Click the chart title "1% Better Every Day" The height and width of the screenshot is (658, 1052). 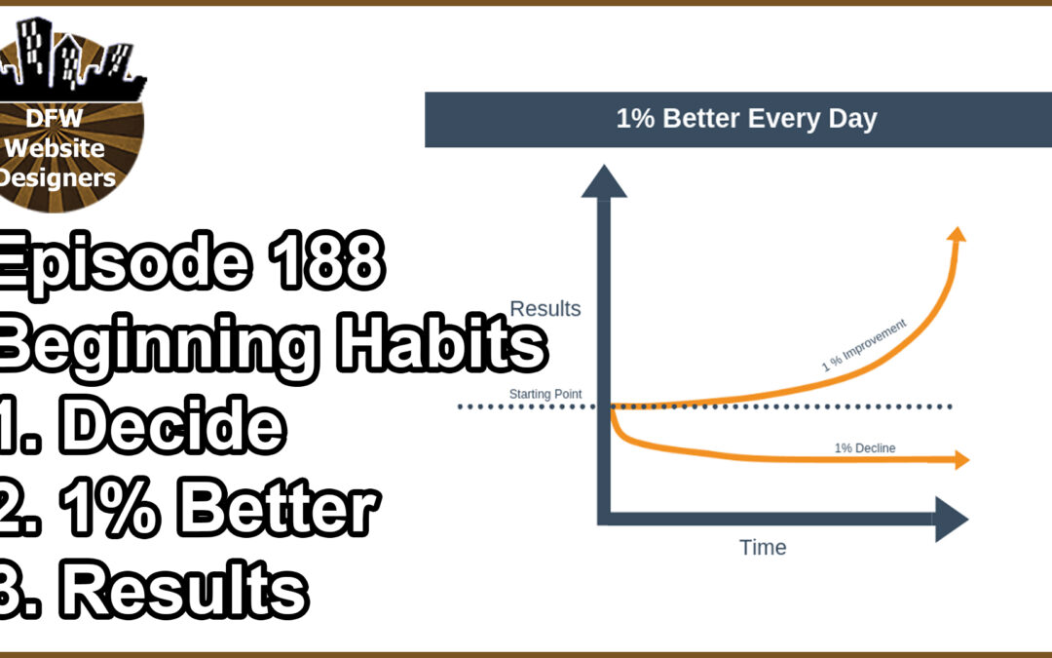pyautogui.click(x=746, y=120)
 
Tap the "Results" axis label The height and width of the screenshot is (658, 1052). pyautogui.click(x=545, y=309)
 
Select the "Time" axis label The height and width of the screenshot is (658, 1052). pyautogui.click(x=763, y=547)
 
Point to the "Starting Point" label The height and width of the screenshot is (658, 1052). pyautogui.click(x=545, y=395)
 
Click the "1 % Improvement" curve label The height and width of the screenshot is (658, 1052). pyautogui.click(x=864, y=345)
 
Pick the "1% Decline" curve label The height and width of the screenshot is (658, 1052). pyautogui.click(x=864, y=448)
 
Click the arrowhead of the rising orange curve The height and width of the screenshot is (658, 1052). pyautogui.click(x=957, y=235)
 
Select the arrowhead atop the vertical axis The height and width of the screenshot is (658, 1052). pyautogui.click(x=604, y=182)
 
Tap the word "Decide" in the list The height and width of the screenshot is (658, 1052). pyautogui.click(x=175, y=426)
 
